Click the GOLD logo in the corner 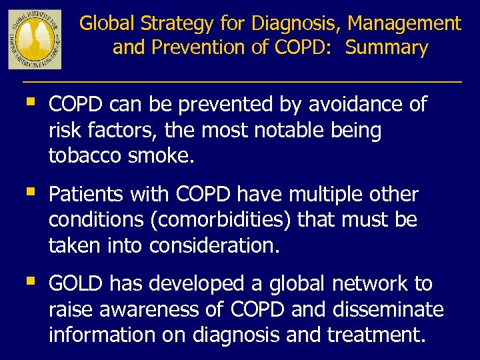click(35, 39)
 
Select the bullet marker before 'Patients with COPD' click(29, 193)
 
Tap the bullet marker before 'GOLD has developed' click(29, 283)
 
